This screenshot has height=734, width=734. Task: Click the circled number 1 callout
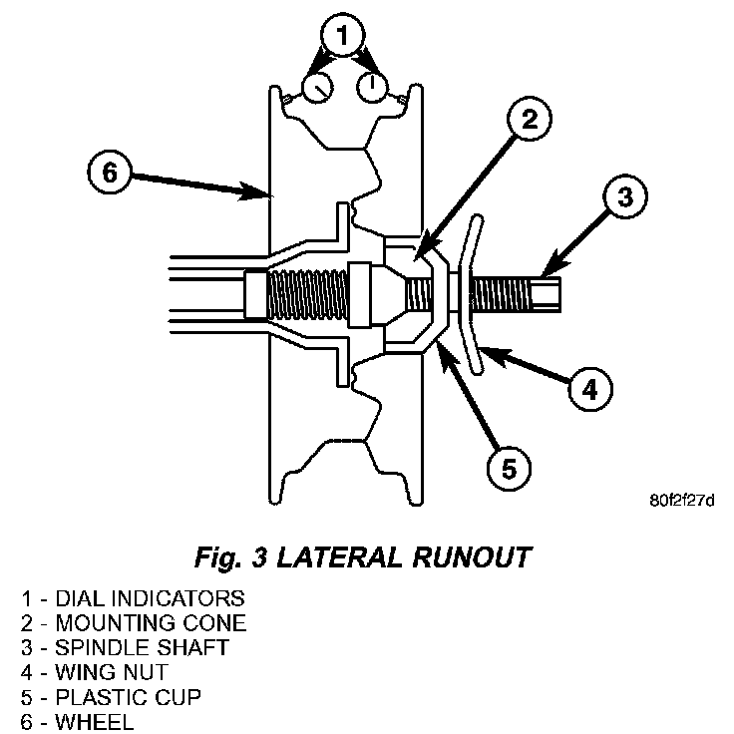coord(343,35)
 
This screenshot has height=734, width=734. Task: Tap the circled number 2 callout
coord(530,119)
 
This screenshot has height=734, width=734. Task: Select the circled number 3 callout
coord(625,196)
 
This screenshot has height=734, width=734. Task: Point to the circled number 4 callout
coord(590,389)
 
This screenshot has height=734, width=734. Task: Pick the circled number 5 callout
coord(509,468)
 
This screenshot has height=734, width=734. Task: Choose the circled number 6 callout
coord(110,172)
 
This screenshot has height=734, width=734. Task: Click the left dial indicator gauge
coord(317,88)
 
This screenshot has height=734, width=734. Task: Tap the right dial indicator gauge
coord(372,87)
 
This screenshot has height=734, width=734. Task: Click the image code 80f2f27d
coord(681,501)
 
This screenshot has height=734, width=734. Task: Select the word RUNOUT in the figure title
coord(472,557)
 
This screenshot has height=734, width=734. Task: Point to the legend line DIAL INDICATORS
coord(133,598)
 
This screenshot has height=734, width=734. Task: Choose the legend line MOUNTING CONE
coord(134,623)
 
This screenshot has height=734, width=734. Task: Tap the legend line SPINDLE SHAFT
coord(125,648)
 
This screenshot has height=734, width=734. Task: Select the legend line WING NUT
coord(94,673)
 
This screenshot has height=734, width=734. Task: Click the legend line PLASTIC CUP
coord(111,697)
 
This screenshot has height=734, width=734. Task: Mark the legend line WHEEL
coord(77,721)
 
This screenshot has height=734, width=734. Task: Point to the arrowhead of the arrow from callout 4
coord(493,355)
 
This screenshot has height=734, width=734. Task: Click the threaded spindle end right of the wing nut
coord(516,294)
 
